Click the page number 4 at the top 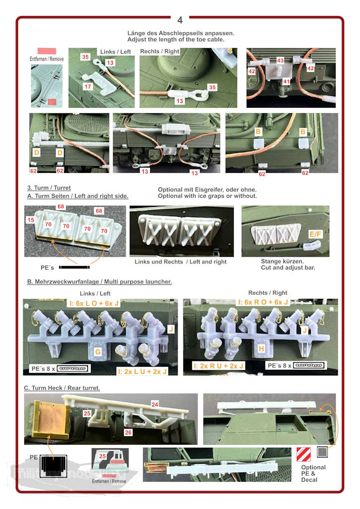click(x=180, y=20)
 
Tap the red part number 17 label click(x=88, y=86)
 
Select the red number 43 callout click(x=280, y=60)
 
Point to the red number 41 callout click(x=286, y=81)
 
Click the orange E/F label click(x=315, y=234)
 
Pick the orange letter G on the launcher click(x=98, y=351)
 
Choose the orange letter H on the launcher click(x=261, y=348)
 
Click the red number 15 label click(x=31, y=220)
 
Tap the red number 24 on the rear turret click(x=155, y=404)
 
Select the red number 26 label click(x=128, y=432)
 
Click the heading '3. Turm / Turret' click(x=49, y=188)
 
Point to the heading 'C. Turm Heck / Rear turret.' click(x=62, y=388)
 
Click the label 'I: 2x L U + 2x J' click(x=142, y=371)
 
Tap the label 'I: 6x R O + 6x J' click(x=263, y=302)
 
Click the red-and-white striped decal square click(x=303, y=454)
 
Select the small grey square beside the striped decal click(x=322, y=452)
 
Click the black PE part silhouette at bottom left click(x=53, y=466)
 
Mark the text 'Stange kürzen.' click(x=282, y=261)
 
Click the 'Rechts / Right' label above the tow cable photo click(x=160, y=51)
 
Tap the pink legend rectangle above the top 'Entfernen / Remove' click(x=47, y=51)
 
